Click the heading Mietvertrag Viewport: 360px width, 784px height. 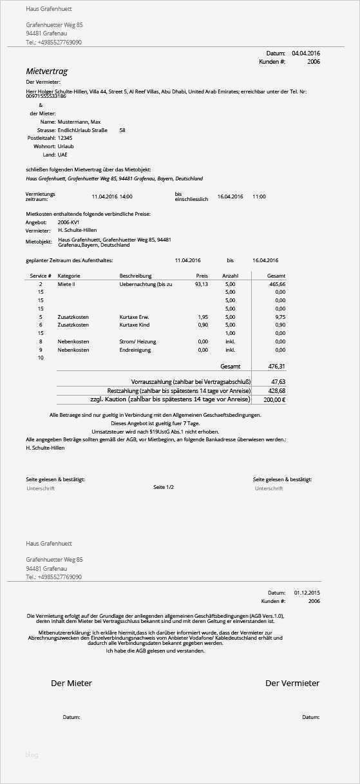pyautogui.click(x=46, y=72)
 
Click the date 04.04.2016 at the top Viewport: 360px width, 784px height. pyautogui.click(x=306, y=53)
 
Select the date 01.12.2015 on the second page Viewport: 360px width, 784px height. pyautogui.click(x=307, y=592)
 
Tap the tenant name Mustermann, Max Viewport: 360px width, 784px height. pyautogui.click(x=79, y=122)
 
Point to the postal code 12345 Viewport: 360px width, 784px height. pyautogui.click(x=65, y=138)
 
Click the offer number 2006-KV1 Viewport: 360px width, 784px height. pyautogui.click(x=69, y=222)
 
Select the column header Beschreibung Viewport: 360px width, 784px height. pyautogui.click(x=135, y=276)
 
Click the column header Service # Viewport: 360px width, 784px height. pyautogui.click(x=41, y=276)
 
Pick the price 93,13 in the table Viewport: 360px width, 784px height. pyautogui.click(x=202, y=284)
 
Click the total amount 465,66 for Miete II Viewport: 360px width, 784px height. pyautogui.click(x=277, y=284)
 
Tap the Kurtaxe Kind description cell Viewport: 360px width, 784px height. pyautogui.click(x=134, y=325)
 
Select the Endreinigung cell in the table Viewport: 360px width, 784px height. pyautogui.click(x=135, y=350)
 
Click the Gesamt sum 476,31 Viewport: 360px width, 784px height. pyautogui.click(x=276, y=366)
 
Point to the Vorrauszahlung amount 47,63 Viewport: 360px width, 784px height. pyautogui.click(x=278, y=381)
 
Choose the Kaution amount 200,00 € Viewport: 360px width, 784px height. pyautogui.click(x=274, y=399)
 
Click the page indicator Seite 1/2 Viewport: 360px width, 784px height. pyautogui.click(x=164, y=487)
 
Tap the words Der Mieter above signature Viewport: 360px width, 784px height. pyautogui.click(x=71, y=683)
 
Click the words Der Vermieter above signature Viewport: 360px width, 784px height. pyautogui.click(x=292, y=683)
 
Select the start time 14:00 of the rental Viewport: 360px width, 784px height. pyautogui.click(x=126, y=196)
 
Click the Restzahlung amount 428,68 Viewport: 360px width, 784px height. pyautogui.click(x=277, y=390)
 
